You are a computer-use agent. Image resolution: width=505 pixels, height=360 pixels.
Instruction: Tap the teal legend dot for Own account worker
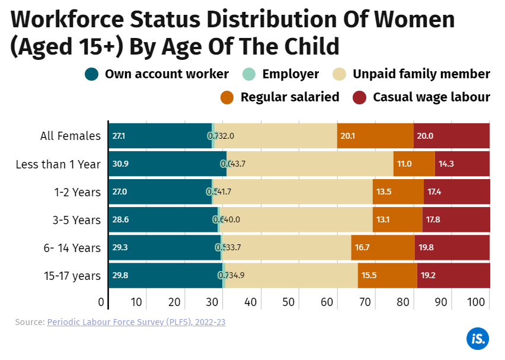pyautogui.click(x=92, y=74)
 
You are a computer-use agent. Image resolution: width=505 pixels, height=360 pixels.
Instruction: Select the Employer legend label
pyautogui.click(x=290, y=74)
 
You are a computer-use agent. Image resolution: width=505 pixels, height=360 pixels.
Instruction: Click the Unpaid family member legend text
pyautogui.click(x=421, y=74)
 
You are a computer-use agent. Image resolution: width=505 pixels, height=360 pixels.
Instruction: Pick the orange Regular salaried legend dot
pyautogui.click(x=227, y=97)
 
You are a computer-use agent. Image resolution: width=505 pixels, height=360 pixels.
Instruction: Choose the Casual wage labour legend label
pyautogui.click(x=432, y=97)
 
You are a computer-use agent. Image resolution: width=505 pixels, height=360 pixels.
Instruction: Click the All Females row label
pyautogui.click(x=71, y=136)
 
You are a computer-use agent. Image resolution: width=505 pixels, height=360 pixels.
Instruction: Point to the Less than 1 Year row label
pyautogui.click(x=58, y=164)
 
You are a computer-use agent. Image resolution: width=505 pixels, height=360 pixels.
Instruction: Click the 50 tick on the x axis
pyautogui.click(x=289, y=302)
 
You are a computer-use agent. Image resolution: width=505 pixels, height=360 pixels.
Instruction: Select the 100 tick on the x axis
pyautogui.click(x=477, y=302)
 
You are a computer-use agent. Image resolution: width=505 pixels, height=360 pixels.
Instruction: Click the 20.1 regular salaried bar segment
pyautogui.click(x=375, y=136)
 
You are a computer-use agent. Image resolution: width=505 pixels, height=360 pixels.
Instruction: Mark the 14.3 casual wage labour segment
pyautogui.click(x=462, y=164)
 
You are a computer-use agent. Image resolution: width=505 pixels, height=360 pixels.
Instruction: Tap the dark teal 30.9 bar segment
pyautogui.click(x=167, y=164)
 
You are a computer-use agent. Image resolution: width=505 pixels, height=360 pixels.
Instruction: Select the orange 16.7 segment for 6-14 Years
pyautogui.click(x=382, y=248)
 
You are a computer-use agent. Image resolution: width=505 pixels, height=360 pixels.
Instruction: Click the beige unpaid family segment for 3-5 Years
pyautogui.click(x=296, y=219)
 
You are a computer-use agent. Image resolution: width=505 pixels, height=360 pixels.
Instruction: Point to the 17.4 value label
pyautogui.click(x=434, y=192)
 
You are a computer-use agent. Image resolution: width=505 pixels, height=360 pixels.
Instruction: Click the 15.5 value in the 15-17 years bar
pyautogui.click(x=370, y=276)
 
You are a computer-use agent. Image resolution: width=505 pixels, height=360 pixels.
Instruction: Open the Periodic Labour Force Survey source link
pyautogui.click(x=136, y=322)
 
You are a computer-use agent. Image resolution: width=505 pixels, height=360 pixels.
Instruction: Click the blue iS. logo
pyautogui.click(x=477, y=339)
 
